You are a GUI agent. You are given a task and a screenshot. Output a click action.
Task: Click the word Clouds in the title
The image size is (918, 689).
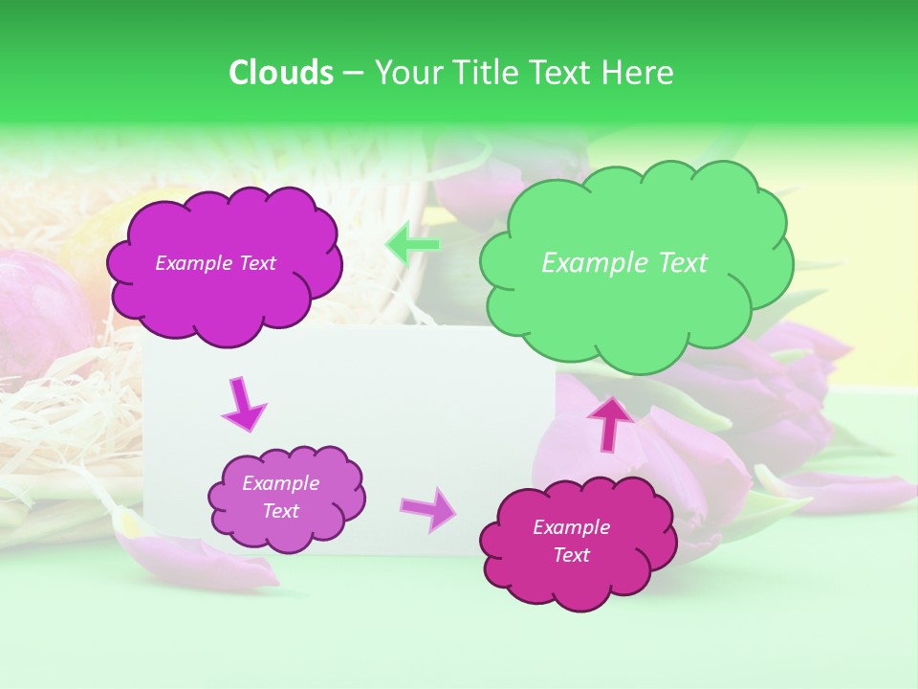280,73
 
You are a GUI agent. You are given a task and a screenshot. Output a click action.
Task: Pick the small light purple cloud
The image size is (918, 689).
286,499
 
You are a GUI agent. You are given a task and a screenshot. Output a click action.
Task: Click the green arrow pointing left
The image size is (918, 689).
413,244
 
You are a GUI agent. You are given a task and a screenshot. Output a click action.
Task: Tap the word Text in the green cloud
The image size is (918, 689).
683,263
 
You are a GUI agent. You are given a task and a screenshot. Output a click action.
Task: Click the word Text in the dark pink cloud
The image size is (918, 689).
571,555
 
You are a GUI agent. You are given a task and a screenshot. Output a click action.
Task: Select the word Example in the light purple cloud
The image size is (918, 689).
280,483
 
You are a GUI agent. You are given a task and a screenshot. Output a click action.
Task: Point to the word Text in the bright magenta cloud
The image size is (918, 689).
257,263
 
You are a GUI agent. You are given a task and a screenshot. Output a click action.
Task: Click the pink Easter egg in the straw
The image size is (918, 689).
38,316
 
